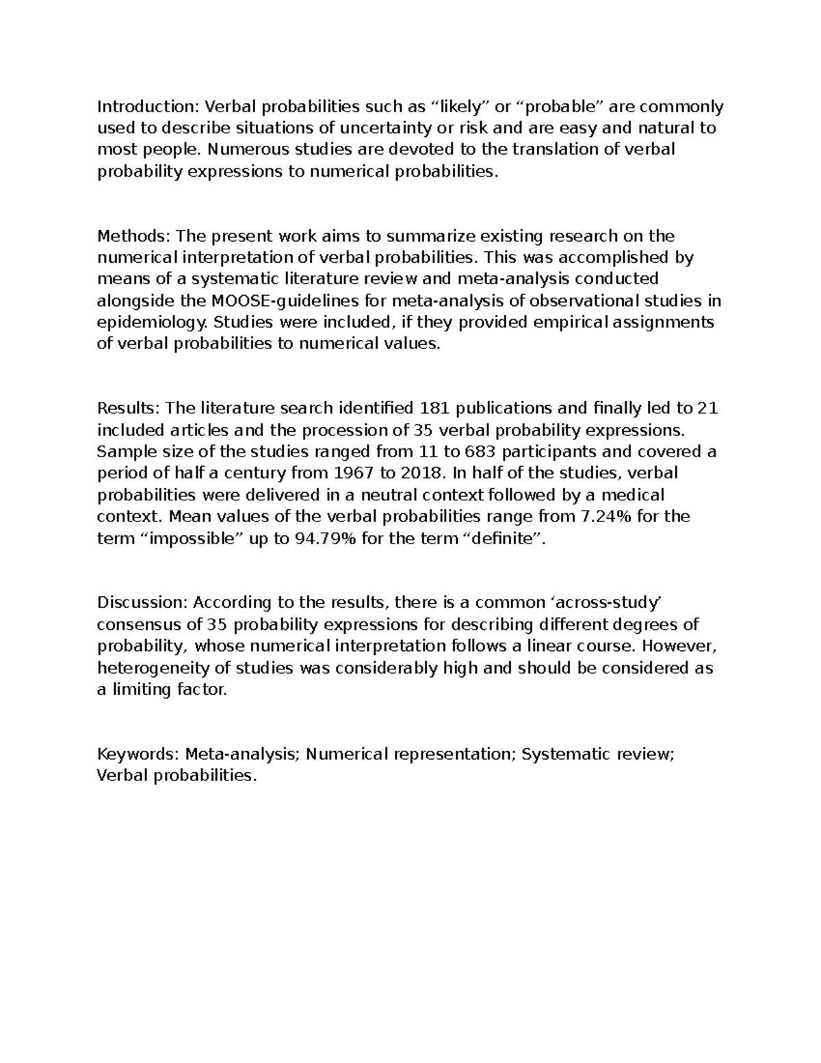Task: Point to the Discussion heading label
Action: [x=142, y=603]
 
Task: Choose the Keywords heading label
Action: [x=137, y=754]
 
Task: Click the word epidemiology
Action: [x=153, y=323]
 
